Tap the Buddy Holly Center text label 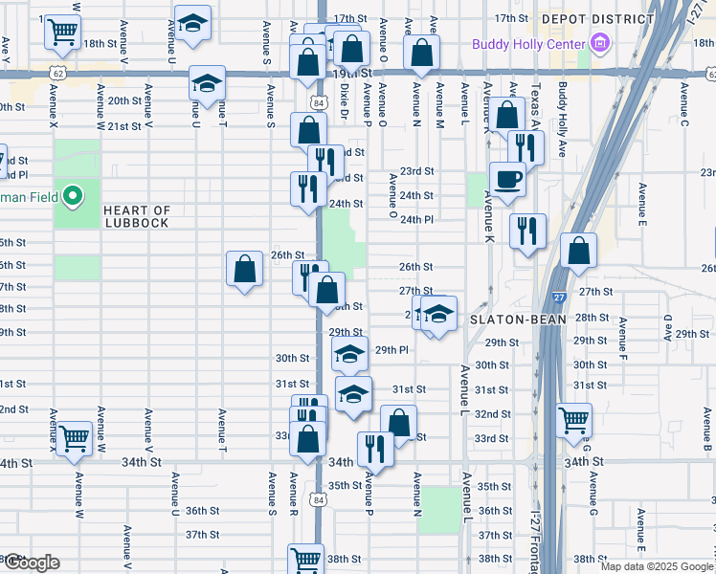(x=529, y=44)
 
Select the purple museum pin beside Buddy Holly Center (x=600, y=43)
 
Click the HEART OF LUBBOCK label (x=136, y=216)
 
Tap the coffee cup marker (x=507, y=179)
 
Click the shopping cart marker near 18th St (x=62, y=32)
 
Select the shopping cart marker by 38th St (x=306, y=559)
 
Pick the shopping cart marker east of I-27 (x=574, y=418)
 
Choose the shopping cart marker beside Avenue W (x=74, y=438)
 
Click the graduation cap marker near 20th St (x=206, y=83)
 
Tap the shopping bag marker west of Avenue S (x=245, y=269)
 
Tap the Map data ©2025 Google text (x=657, y=566)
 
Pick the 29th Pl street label (x=392, y=350)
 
